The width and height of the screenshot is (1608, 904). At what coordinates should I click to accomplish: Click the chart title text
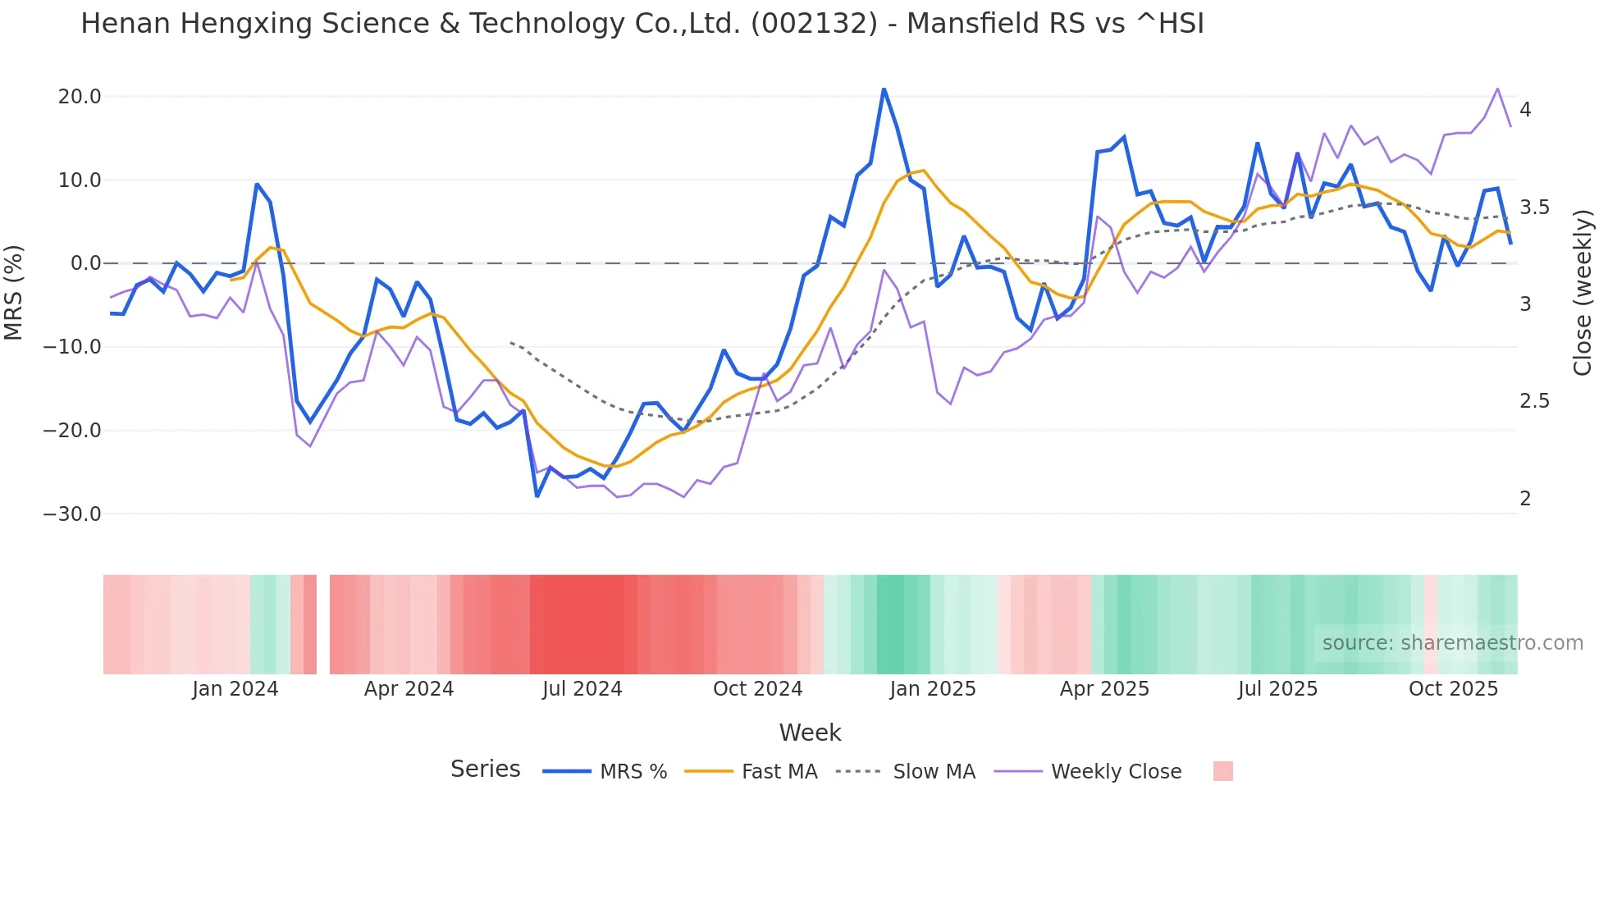click(642, 24)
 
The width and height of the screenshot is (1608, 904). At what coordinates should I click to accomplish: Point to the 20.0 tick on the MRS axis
click(80, 97)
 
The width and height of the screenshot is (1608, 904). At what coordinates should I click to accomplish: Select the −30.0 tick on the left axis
click(72, 514)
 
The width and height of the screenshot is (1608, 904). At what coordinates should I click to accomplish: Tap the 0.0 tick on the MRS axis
click(86, 263)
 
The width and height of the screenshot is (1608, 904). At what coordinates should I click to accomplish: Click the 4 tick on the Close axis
click(1525, 110)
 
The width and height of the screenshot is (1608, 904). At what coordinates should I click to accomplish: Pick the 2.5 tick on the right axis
click(1534, 401)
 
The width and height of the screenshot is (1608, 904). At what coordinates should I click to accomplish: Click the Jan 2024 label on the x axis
click(235, 689)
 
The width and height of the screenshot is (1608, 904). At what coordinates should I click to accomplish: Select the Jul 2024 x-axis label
click(582, 689)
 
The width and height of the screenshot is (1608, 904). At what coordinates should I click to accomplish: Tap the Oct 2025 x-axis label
click(1453, 689)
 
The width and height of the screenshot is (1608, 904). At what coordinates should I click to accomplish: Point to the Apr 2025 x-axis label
click(1104, 689)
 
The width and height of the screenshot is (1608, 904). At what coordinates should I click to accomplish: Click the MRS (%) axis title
click(14, 292)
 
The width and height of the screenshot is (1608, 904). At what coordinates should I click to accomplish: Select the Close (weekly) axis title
click(1583, 293)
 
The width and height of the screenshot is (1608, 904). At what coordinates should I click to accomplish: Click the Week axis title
click(810, 733)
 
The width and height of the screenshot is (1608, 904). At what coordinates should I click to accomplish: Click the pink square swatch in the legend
click(1222, 771)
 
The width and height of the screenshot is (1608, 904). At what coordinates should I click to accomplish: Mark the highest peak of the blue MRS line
click(884, 89)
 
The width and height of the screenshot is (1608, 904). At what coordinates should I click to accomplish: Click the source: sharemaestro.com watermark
click(1452, 643)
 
